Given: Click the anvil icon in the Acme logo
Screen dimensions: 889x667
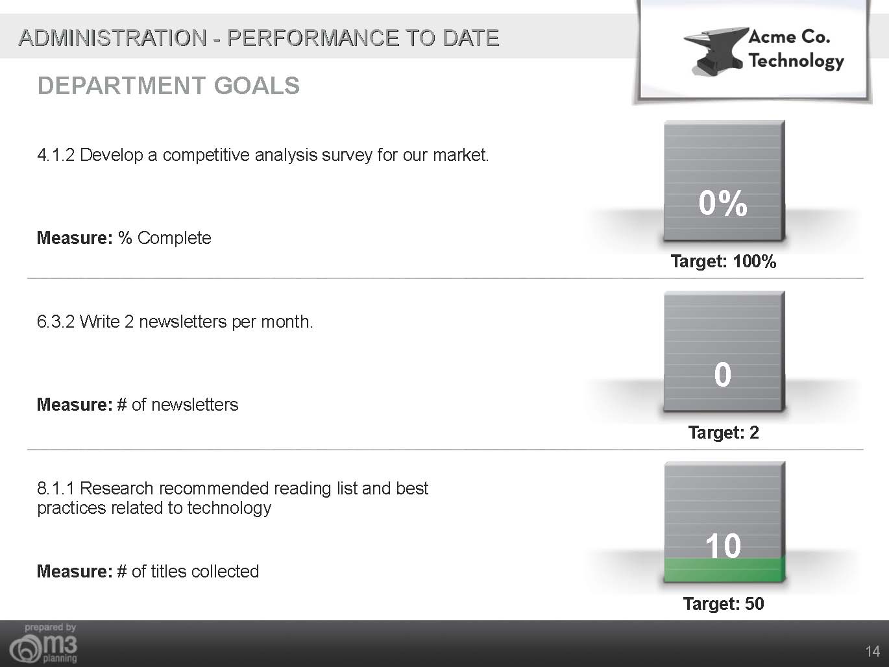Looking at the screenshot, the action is [715, 51].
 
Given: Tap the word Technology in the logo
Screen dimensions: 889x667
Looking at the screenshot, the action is [796, 62].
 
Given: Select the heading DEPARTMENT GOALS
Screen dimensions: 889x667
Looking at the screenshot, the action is [169, 86].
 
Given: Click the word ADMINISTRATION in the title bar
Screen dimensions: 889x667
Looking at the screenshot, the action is [113, 38].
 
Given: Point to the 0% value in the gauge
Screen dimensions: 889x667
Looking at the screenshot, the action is [723, 203].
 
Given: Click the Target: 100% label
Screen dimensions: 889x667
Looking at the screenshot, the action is [724, 261].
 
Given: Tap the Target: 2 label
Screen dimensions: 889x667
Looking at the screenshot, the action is [724, 433].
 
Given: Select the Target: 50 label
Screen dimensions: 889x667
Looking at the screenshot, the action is [724, 603].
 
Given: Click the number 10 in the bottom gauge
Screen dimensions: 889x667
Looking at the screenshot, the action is [723, 546].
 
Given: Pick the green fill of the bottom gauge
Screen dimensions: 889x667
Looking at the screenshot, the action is [725, 570].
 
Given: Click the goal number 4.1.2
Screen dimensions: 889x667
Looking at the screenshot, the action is [56, 155].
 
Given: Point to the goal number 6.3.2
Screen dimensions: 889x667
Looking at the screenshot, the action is [56, 322].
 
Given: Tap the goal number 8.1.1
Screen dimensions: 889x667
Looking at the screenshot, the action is [56, 489].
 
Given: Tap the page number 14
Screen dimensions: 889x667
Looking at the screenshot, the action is [872, 651].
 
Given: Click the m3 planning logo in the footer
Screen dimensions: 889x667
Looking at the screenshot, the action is [43, 644].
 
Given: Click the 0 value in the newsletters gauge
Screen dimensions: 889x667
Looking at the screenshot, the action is [722, 374].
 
